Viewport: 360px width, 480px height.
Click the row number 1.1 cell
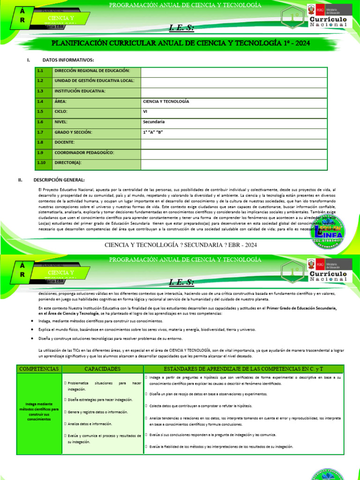40,71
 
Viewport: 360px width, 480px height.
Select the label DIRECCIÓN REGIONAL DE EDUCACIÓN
92,71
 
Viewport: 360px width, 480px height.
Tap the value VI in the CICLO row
145,112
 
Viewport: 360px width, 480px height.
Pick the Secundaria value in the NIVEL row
154,122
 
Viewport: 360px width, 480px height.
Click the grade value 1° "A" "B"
155,132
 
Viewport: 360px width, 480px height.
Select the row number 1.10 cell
42,162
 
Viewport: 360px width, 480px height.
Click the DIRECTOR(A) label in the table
68,162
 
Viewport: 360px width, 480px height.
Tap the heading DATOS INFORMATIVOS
68,60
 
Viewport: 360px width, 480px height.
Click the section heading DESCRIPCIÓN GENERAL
59,180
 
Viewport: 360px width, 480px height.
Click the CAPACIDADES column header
102,369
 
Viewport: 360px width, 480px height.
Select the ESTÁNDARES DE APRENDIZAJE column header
243,369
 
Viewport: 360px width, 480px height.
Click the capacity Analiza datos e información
89,423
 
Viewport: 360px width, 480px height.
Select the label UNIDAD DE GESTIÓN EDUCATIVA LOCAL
94,81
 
